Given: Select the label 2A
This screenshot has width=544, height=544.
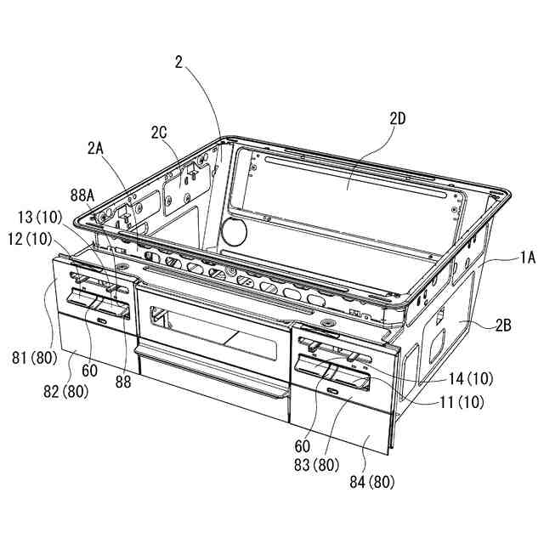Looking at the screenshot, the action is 95,147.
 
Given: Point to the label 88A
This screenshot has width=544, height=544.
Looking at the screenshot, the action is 82,195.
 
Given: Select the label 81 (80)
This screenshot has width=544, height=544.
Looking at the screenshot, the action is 34,358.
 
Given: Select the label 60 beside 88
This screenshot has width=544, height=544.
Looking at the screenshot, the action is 89,371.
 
